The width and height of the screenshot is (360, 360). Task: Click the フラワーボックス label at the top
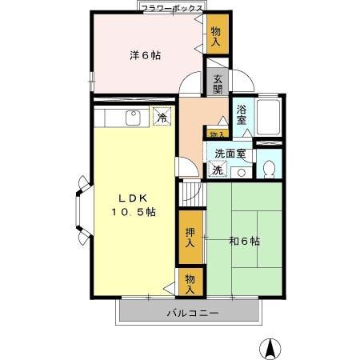pos(171,7)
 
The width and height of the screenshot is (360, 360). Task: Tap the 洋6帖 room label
pos(146,55)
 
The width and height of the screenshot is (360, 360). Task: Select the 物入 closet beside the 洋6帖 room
pos(217,36)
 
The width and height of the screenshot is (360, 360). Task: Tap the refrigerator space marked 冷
pos(162,118)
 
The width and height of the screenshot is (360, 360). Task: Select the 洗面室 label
pos(230,154)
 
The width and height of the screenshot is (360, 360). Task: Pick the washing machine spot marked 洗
pos(217,170)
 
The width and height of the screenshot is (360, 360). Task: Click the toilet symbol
pos(270,167)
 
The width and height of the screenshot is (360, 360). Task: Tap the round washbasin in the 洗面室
pos(241,171)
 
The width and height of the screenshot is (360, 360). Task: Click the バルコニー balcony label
pos(192,312)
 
